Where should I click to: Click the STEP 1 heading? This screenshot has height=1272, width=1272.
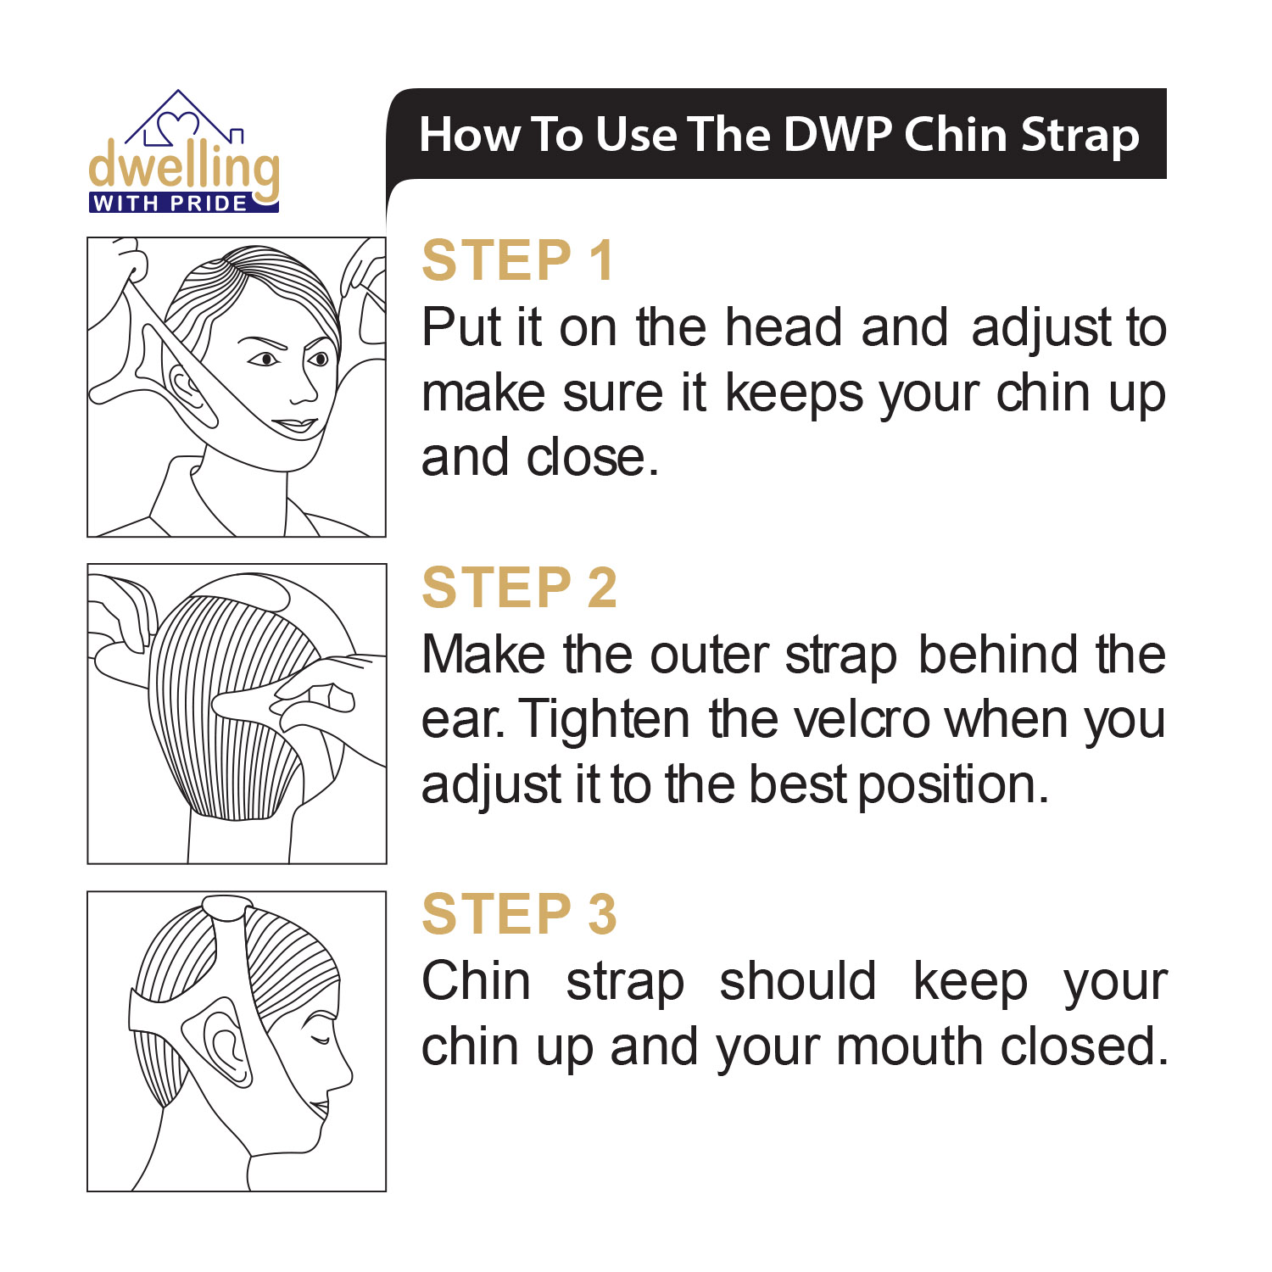[517, 260]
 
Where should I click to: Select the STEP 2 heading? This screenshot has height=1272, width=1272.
[519, 588]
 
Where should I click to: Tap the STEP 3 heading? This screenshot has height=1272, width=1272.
[519, 914]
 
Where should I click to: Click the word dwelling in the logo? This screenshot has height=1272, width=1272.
[184, 167]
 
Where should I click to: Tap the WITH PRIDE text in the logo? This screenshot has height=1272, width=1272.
[170, 204]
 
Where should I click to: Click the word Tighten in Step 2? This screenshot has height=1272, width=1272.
[604, 721]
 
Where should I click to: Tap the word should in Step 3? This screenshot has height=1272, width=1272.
[797, 982]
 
